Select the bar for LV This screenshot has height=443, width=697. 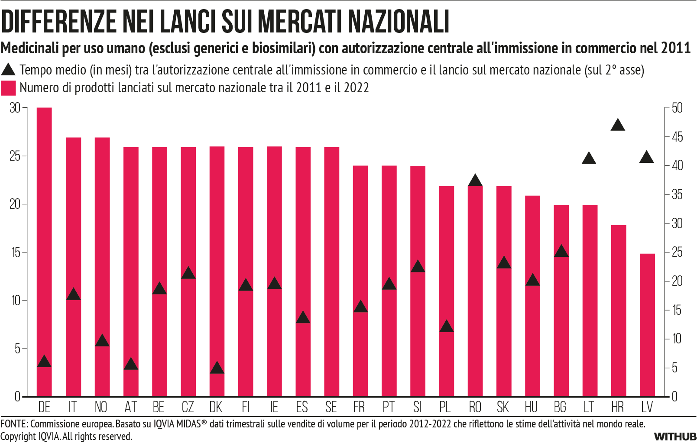647,325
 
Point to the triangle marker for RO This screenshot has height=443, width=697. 475,181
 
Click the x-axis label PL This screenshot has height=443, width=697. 445,407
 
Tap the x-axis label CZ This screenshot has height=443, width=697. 188,407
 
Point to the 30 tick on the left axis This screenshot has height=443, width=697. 15,108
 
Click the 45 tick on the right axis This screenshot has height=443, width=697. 677,137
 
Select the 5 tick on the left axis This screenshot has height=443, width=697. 17,349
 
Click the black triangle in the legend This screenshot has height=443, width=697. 8,70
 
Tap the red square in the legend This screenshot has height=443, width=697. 8,88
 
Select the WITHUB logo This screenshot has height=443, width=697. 675,437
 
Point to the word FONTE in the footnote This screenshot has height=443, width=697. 13,424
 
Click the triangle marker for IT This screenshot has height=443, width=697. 73,294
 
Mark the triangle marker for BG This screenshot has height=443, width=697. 561,251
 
